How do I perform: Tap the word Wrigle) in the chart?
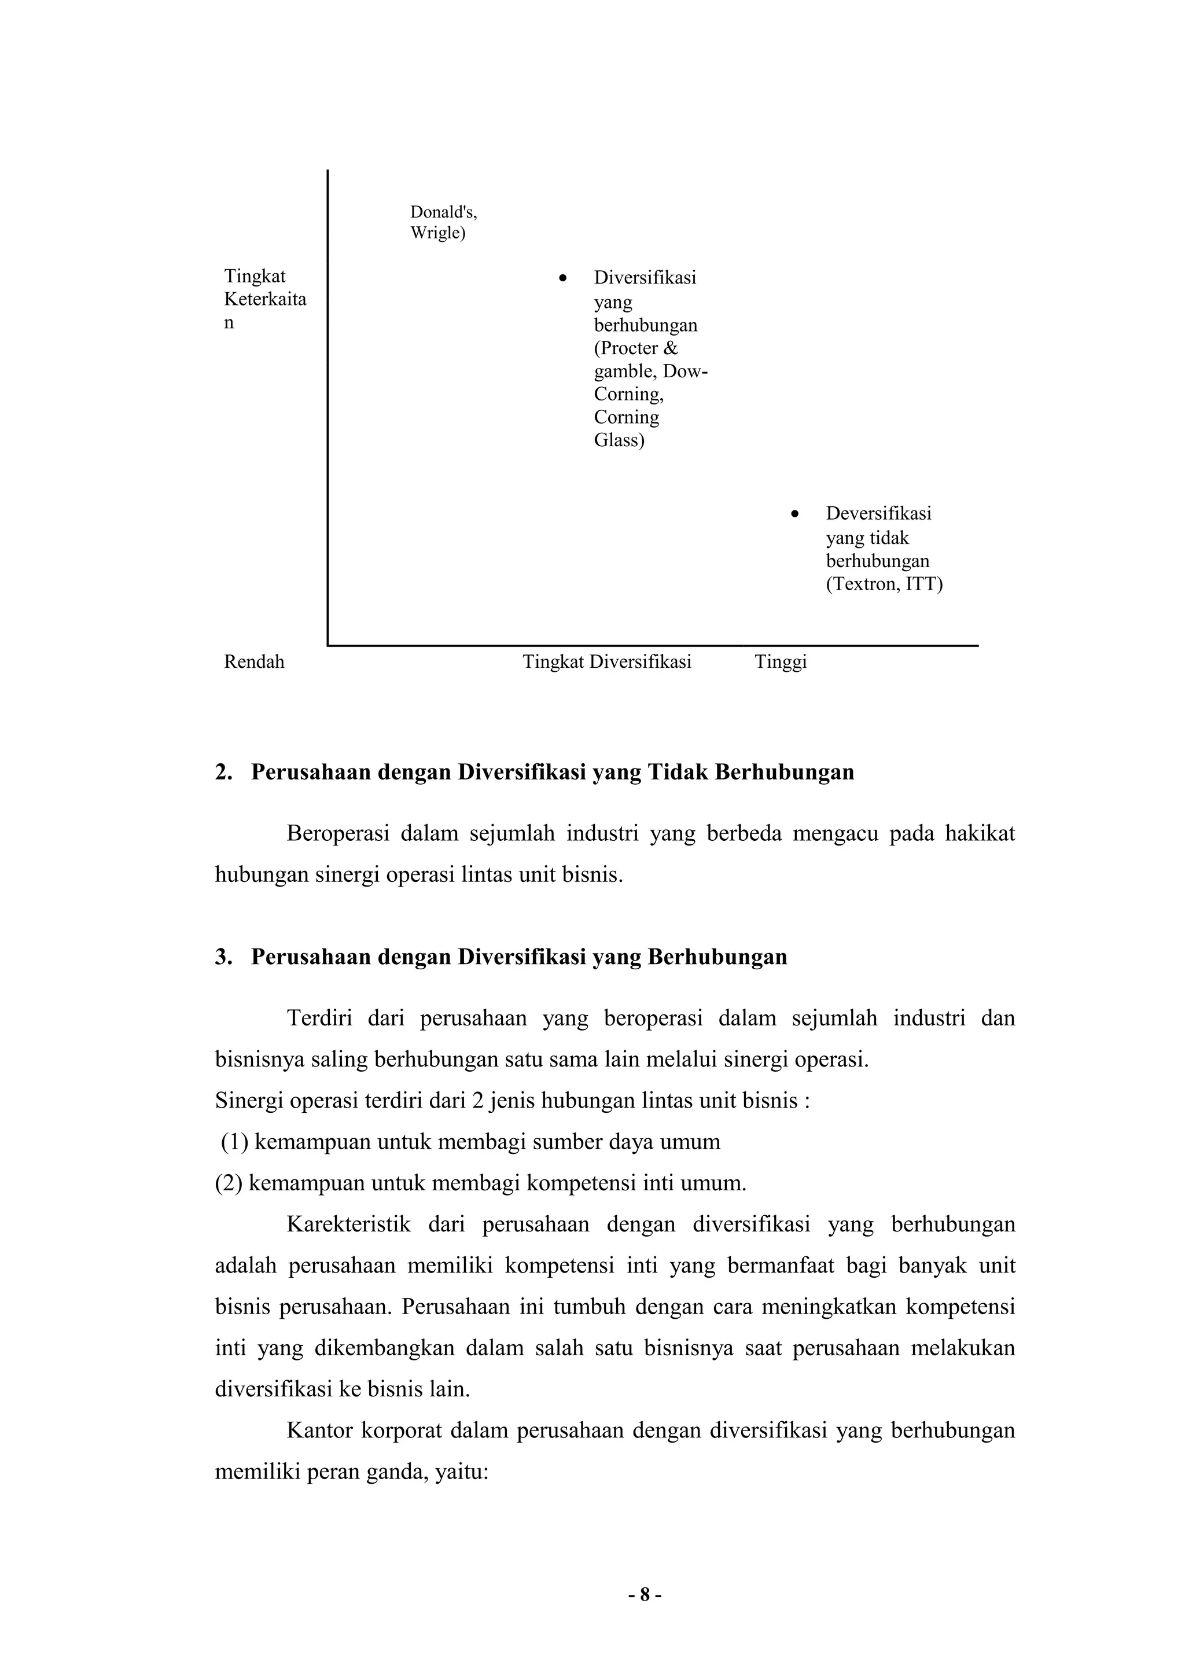(x=437, y=233)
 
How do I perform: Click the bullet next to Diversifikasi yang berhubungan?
(x=562, y=278)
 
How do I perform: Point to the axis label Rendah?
(x=254, y=663)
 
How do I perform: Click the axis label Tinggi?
(x=781, y=663)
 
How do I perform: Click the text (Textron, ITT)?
(x=884, y=584)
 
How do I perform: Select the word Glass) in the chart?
(x=619, y=440)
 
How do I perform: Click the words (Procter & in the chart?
(x=636, y=348)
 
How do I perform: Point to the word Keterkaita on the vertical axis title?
(x=265, y=300)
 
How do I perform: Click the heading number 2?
(x=223, y=772)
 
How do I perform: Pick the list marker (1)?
(x=234, y=1142)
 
